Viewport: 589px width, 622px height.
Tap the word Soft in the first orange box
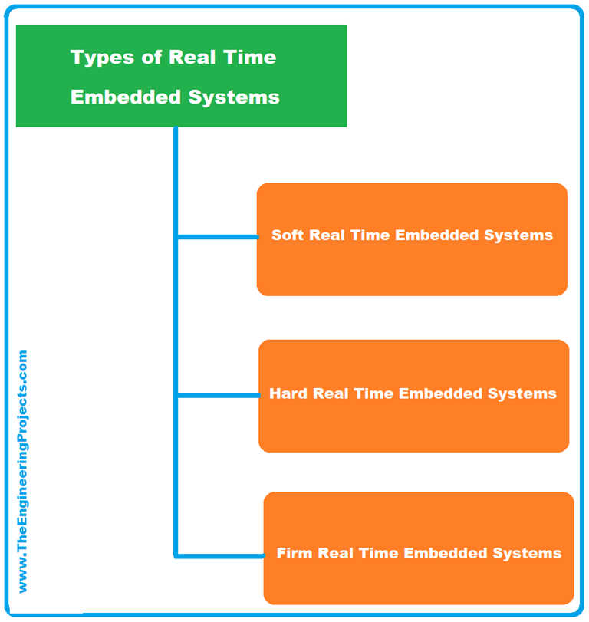point(288,235)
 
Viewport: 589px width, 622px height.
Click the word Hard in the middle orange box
point(288,394)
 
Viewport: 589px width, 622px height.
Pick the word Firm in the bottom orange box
point(294,553)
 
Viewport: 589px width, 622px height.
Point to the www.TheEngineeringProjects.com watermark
point(21,471)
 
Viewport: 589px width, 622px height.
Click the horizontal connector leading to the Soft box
point(218,237)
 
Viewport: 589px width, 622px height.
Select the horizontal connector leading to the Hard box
point(219,396)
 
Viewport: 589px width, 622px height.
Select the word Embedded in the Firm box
point(446,553)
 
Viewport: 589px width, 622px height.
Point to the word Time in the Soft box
point(370,235)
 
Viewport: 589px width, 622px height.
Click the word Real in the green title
point(191,58)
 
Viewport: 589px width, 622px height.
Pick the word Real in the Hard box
point(331,394)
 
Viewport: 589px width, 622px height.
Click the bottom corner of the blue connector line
point(176,555)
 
